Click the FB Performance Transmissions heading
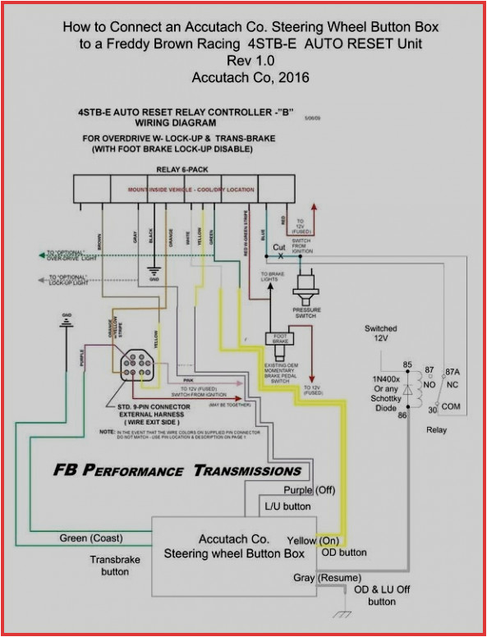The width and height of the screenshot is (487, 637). (x=177, y=470)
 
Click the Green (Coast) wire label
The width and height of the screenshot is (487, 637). (x=91, y=538)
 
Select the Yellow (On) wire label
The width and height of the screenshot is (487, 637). (x=311, y=540)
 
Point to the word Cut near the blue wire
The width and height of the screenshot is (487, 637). (x=279, y=246)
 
